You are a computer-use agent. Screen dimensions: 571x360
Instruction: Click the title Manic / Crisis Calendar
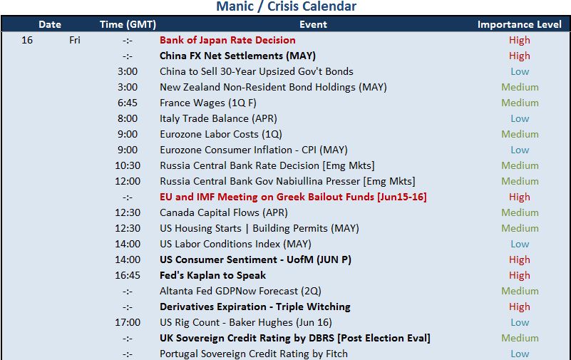click(287, 6)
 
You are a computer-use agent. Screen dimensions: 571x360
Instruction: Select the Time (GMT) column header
click(128, 24)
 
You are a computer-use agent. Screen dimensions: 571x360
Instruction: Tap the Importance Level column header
click(519, 24)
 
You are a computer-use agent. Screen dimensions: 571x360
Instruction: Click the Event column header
click(313, 24)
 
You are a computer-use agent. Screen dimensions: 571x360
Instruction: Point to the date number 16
click(27, 40)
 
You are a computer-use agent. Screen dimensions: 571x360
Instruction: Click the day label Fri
click(75, 40)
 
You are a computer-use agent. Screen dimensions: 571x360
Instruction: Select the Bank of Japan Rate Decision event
click(227, 40)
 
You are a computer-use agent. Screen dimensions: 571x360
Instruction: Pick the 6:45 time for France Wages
click(128, 103)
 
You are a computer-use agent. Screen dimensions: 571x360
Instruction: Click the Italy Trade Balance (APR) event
click(218, 118)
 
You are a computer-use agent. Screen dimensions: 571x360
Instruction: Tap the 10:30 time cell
click(128, 165)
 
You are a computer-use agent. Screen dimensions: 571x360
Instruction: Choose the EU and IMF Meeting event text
click(293, 197)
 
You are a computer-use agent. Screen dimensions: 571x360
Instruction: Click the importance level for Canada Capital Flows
click(520, 212)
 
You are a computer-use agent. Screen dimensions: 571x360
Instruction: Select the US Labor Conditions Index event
click(235, 244)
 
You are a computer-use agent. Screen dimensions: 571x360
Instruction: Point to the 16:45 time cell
click(128, 275)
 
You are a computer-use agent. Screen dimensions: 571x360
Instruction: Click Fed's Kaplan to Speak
click(212, 275)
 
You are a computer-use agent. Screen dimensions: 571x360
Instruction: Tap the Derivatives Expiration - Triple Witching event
click(255, 307)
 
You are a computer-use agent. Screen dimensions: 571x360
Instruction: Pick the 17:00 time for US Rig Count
click(128, 322)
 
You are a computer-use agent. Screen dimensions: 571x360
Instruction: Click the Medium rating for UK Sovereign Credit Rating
click(520, 338)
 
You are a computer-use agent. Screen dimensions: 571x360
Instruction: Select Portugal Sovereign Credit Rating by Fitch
click(254, 354)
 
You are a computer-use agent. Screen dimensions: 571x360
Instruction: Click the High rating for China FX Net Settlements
click(519, 56)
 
